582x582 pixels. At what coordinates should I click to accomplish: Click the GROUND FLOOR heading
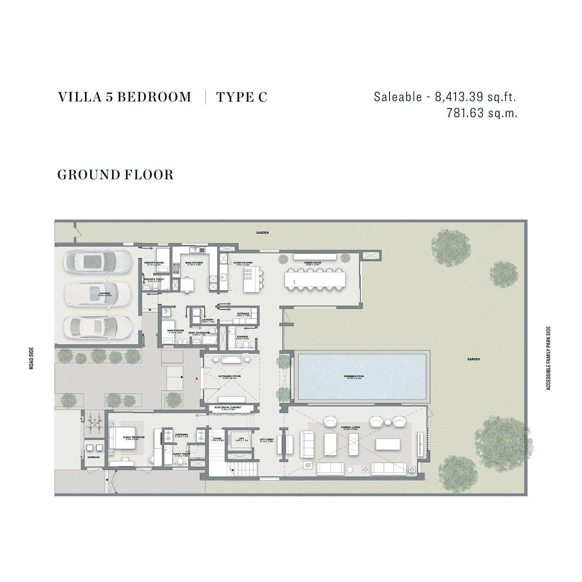tap(115, 175)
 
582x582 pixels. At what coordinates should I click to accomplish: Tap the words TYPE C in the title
tap(242, 97)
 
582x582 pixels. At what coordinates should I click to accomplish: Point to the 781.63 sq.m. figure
tap(482, 113)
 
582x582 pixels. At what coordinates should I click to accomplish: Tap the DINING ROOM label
tap(312, 263)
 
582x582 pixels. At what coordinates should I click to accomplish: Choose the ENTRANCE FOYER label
tap(229, 377)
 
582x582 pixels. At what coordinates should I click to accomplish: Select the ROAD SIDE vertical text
tap(32, 358)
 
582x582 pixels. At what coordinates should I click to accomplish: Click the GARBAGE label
tap(93, 457)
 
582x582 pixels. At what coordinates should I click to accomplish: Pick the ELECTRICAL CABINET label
tap(227, 408)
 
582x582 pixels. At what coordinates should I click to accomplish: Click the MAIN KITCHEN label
tap(194, 263)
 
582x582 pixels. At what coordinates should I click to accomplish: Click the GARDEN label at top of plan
tap(262, 233)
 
